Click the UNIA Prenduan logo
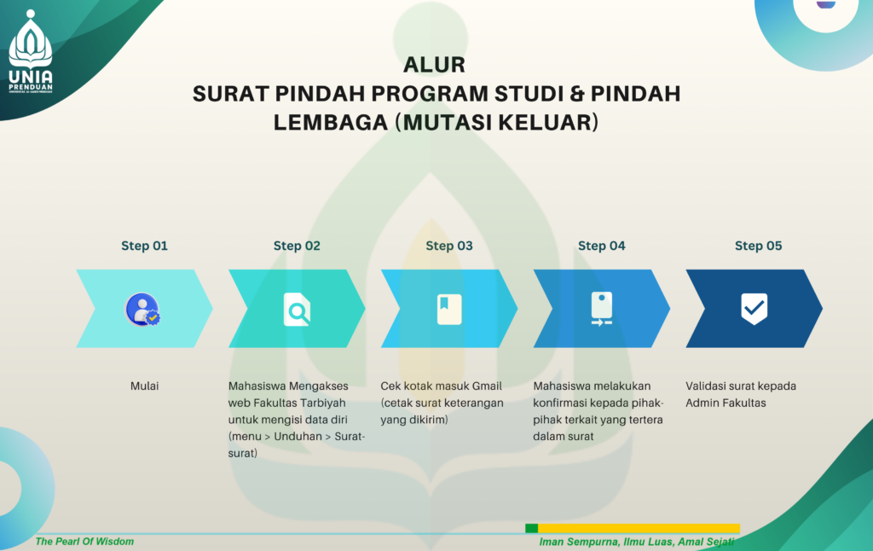(31, 51)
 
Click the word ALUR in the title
(434, 65)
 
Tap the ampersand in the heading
(577, 94)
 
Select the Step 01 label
(144, 246)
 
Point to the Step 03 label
(449, 246)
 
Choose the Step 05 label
(758, 246)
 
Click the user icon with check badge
(142, 310)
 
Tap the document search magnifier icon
(297, 310)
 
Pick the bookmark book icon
(449, 310)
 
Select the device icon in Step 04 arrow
(602, 309)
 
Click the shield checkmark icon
(754, 309)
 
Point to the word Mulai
(144, 386)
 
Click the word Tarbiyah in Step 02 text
(321, 403)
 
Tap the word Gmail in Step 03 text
(487, 386)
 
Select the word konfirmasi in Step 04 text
(558, 403)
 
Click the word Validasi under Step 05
(704, 386)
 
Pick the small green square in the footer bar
(532, 528)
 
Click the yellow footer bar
(639, 528)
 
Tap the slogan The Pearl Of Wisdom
(84, 542)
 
